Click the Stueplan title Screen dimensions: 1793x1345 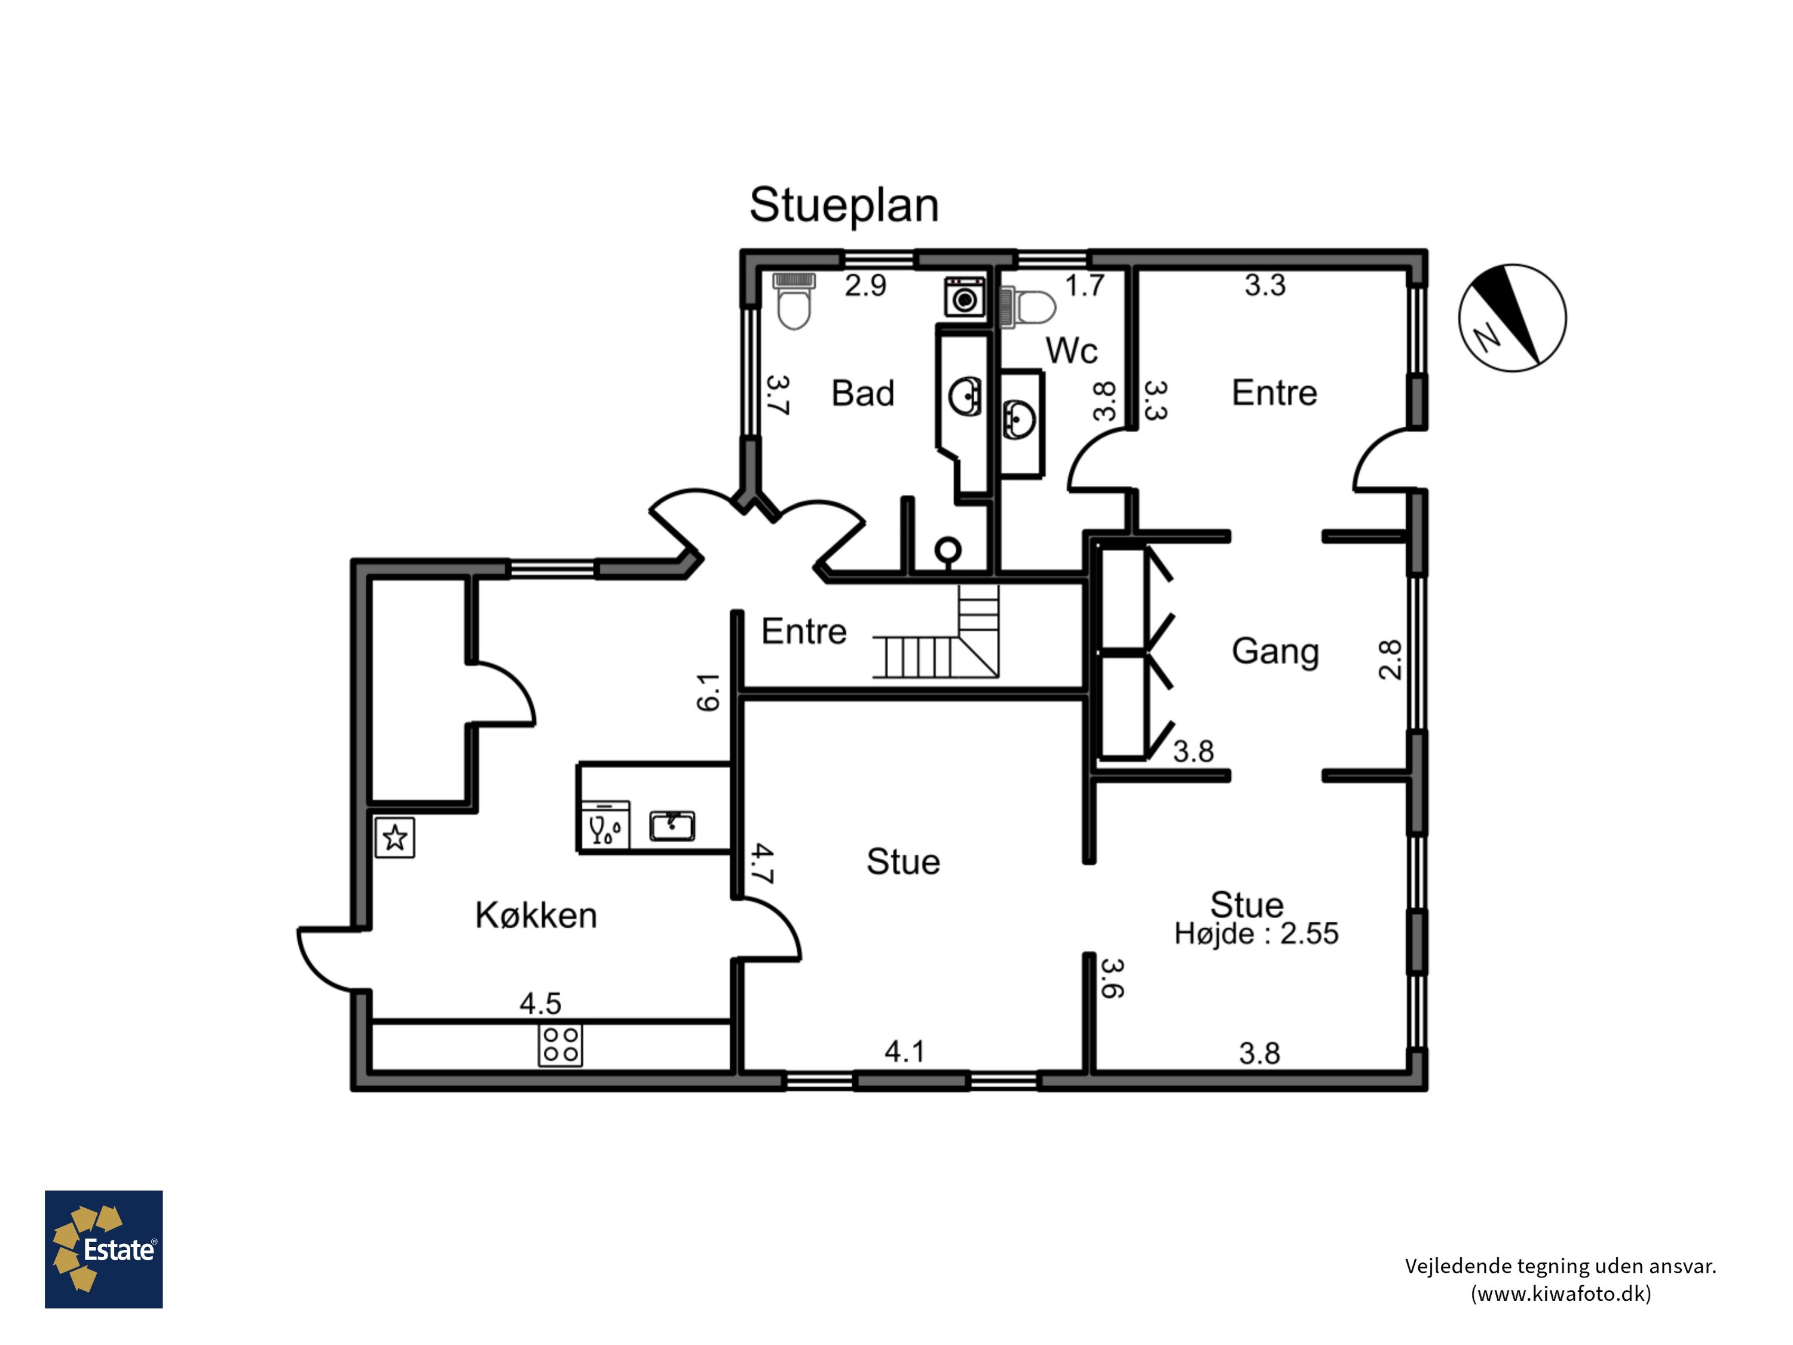pyautogui.click(x=844, y=206)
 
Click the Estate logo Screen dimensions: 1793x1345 pyautogui.click(x=104, y=1249)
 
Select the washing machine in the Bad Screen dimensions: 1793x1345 pyautogui.click(x=965, y=296)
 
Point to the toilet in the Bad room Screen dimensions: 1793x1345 pyautogui.click(x=794, y=301)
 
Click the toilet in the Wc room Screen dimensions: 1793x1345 pyautogui.click(x=1028, y=307)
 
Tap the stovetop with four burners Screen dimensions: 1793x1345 pyautogui.click(x=560, y=1045)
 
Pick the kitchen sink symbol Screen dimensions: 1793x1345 pyautogui.click(x=672, y=826)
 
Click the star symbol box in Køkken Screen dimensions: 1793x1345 pyautogui.click(x=394, y=837)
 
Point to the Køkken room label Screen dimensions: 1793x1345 pyautogui.click(x=536, y=915)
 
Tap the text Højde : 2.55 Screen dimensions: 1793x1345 pyautogui.click(x=1256, y=934)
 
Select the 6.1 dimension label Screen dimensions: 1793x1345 pyautogui.click(x=708, y=692)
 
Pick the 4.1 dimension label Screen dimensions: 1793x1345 pyautogui.click(x=905, y=1051)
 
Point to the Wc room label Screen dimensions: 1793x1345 pyautogui.click(x=1072, y=351)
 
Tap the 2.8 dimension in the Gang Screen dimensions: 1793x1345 pyautogui.click(x=1390, y=659)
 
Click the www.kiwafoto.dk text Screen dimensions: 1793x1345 pyautogui.click(x=1561, y=1293)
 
